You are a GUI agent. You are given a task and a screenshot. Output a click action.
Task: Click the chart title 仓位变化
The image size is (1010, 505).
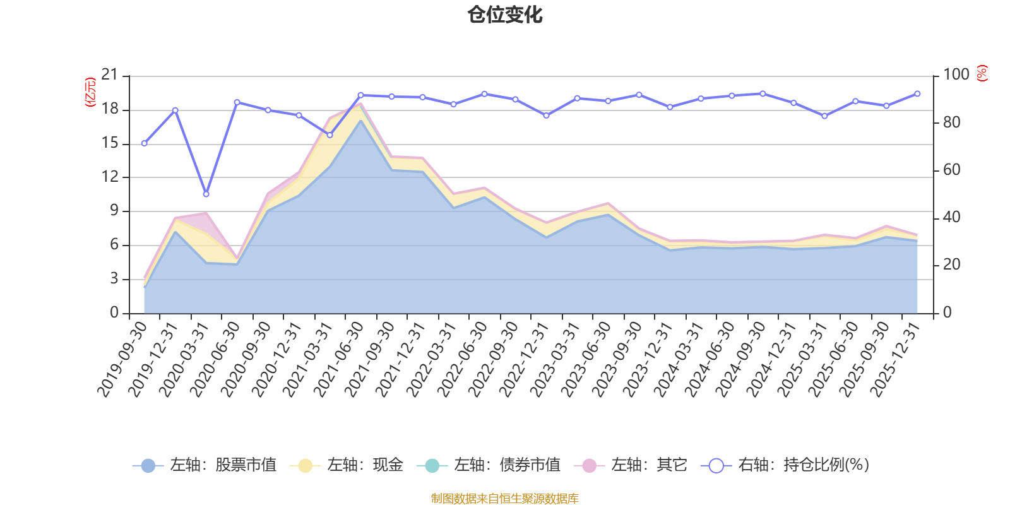click(505, 15)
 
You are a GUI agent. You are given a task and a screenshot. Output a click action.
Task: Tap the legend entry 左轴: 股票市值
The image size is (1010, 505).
click(205, 465)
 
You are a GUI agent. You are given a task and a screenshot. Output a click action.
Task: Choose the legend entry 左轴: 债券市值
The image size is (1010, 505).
click(489, 465)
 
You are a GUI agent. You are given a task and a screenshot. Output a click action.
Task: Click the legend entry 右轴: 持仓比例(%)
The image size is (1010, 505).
click(785, 465)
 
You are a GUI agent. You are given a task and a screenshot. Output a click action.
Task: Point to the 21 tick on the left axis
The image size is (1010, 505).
click(110, 75)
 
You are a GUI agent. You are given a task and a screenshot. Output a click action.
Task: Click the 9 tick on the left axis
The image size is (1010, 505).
click(114, 211)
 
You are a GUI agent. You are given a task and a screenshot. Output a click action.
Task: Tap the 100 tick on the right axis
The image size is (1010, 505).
click(956, 74)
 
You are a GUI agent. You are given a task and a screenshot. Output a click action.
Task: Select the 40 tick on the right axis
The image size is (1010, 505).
click(952, 217)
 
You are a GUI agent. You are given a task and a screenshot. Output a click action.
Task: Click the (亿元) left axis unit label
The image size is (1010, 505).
click(90, 92)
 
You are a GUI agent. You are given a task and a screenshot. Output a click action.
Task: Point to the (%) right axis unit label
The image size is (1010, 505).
click(982, 73)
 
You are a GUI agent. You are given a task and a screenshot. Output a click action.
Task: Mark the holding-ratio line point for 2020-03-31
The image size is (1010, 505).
click(206, 194)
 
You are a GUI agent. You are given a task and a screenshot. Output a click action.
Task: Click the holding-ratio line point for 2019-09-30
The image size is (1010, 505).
click(144, 143)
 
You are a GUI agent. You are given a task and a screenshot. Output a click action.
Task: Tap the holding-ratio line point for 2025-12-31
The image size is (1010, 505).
click(917, 93)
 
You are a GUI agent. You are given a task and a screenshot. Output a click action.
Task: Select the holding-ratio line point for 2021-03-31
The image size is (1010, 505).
click(330, 134)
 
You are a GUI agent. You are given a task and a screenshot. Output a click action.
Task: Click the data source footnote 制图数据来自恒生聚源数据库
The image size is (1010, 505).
click(505, 499)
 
